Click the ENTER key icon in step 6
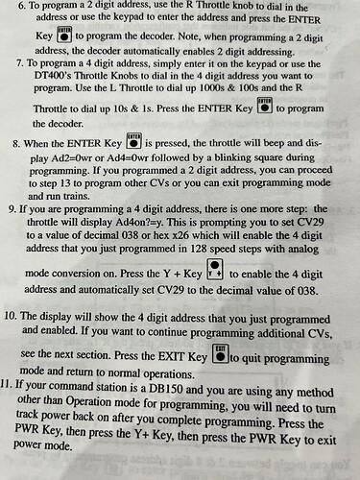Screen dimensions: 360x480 click(64, 35)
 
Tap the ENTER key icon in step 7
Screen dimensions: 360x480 click(265, 106)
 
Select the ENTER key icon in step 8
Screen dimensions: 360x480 click(134, 141)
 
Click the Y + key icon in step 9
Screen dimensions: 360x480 click(215, 270)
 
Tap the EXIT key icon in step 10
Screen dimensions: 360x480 click(221, 353)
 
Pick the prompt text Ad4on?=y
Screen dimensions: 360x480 click(139, 222)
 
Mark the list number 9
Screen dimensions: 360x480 click(12, 209)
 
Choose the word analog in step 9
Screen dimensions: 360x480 click(303, 249)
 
